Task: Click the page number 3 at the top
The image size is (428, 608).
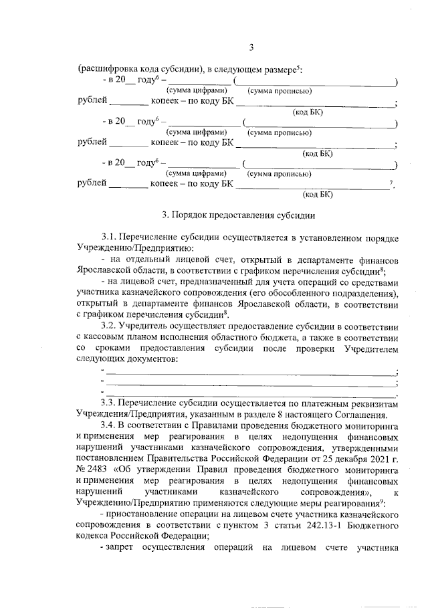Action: (x=251, y=46)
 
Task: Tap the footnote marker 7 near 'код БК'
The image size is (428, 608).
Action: (x=390, y=183)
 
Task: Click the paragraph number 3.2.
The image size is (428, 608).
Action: (x=109, y=326)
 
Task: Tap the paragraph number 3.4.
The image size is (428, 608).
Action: (x=109, y=426)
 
